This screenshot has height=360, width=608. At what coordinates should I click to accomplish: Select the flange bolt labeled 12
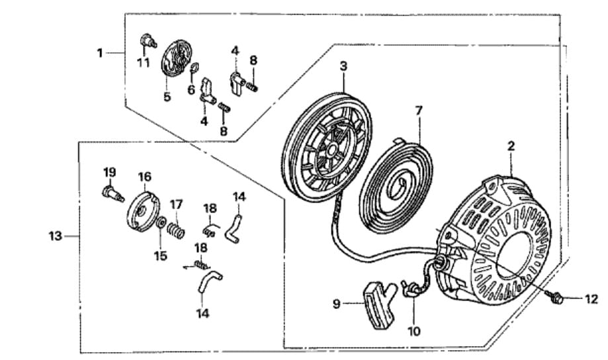tap(556, 299)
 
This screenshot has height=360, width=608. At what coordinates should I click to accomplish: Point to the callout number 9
tap(337, 304)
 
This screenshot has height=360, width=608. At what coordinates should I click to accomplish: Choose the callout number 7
tap(418, 111)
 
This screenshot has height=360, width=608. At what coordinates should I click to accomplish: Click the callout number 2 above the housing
tap(511, 145)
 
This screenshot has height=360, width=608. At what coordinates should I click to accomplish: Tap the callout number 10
tap(414, 331)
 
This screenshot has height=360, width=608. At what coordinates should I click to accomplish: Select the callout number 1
tap(100, 52)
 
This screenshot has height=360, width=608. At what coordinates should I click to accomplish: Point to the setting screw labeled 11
tap(146, 42)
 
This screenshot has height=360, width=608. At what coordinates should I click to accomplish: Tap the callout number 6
tap(192, 90)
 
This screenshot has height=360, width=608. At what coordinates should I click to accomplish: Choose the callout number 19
tap(110, 173)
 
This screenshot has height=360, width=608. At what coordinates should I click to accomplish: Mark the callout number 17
tap(177, 204)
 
